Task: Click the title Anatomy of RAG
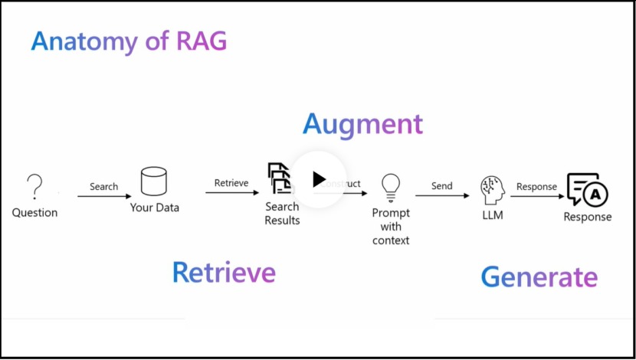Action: click(x=129, y=41)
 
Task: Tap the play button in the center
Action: click(x=318, y=179)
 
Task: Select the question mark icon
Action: click(x=34, y=186)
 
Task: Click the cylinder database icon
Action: click(x=154, y=182)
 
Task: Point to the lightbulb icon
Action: click(x=391, y=185)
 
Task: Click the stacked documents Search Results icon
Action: click(x=280, y=178)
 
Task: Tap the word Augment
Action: click(x=362, y=124)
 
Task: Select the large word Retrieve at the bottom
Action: click(x=223, y=273)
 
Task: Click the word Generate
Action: click(x=539, y=277)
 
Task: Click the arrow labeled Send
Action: click(x=442, y=196)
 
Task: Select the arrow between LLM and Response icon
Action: click(x=536, y=196)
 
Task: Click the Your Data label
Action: click(x=154, y=208)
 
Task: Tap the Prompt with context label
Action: click(x=391, y=226)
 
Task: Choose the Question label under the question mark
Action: click(x=34, y=212)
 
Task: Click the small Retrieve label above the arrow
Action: click(x=231, y=183)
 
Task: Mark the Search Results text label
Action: click(x=282, y=214)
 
